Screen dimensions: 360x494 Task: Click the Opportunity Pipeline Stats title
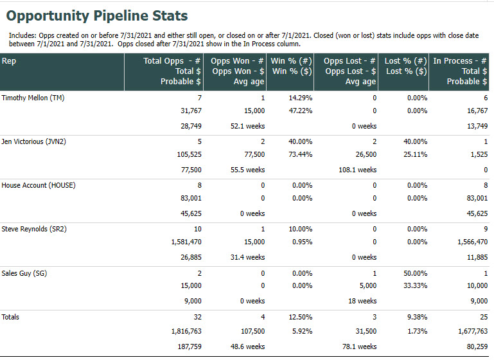[x=97, y=15]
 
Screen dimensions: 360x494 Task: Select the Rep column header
[x=9, y=61]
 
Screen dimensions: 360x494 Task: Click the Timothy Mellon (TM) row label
[x=33, y=98]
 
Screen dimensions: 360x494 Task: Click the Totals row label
[x=11, y=316]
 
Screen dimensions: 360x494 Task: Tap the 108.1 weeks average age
[x=357, y=170]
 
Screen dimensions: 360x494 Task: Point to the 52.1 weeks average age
[x=247, y=126]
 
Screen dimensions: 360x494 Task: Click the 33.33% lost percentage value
[x=415, y=285]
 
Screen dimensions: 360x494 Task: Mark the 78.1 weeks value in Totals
[x=360, y=346]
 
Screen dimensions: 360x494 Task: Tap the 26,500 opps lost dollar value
[x=364, y=154]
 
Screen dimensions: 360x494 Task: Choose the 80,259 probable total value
[x=475, y=346]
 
